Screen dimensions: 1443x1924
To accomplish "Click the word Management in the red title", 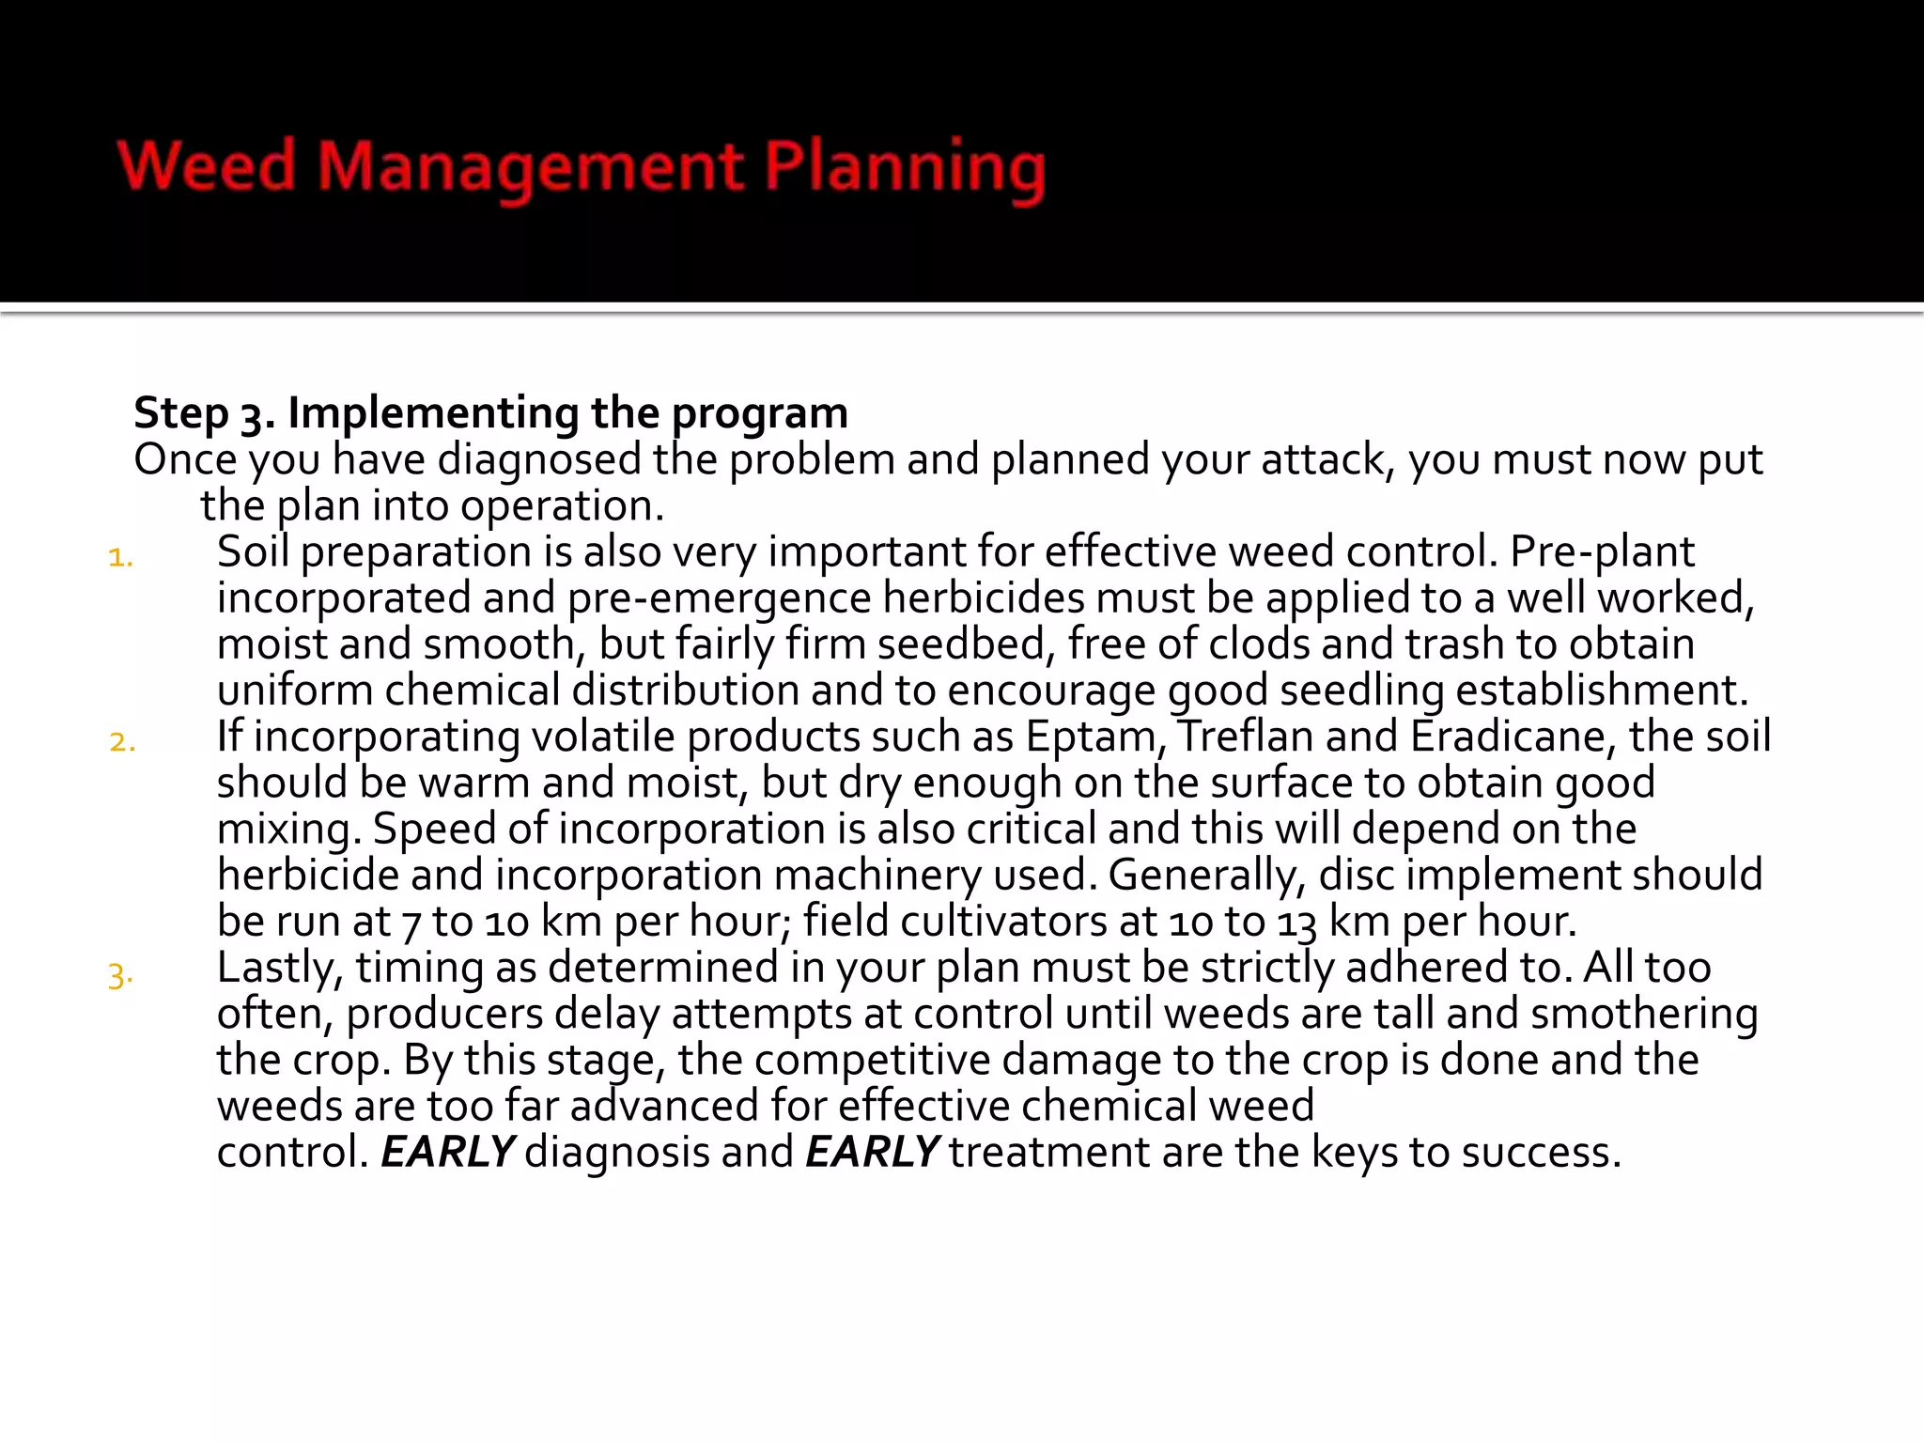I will coord(531,167).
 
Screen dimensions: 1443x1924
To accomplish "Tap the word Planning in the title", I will coord(904,167).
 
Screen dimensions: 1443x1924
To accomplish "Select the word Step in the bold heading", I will coord(181,413).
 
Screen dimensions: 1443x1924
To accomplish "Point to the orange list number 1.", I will coord(120,558).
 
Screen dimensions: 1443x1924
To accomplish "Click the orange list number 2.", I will coord(122,742).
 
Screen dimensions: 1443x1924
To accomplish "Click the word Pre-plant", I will coord(1602,551).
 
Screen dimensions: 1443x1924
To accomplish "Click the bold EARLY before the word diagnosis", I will coord(447,1153).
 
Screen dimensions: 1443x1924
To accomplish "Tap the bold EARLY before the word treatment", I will coord(872,1153).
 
